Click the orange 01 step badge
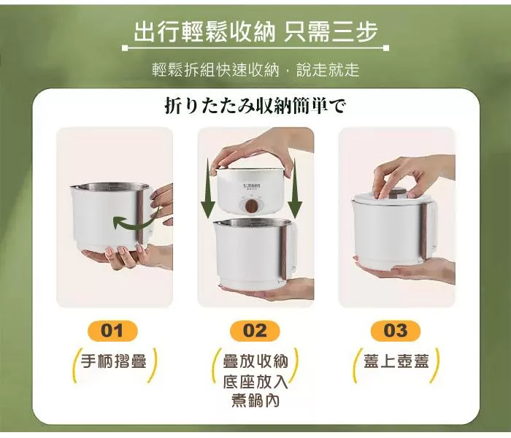(x=112, y=331)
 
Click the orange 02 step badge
(x=255, y=331)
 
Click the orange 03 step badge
(x=396, y=331)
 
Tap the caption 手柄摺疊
(x=114, y=361)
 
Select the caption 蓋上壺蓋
(x=396, y=361)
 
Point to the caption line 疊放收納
(x=255, y=361)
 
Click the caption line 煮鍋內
(x=255, y=400)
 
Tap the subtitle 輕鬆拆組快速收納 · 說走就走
(x=255, y=69)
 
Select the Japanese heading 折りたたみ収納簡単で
(x=255, y=107)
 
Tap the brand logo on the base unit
(x=252, y=186)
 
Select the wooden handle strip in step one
(x=140, y=218)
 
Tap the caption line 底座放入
(x=255, y=381)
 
